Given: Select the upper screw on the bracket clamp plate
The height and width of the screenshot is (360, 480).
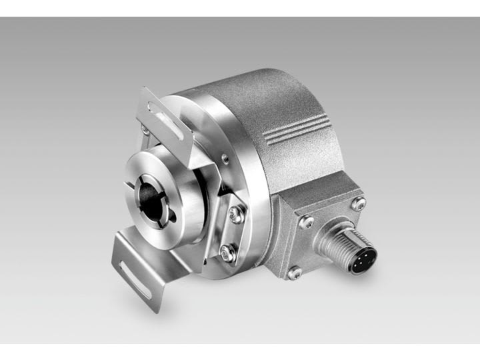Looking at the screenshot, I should (235, 215).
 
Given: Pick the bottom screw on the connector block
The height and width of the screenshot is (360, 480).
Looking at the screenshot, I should (294, 272).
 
